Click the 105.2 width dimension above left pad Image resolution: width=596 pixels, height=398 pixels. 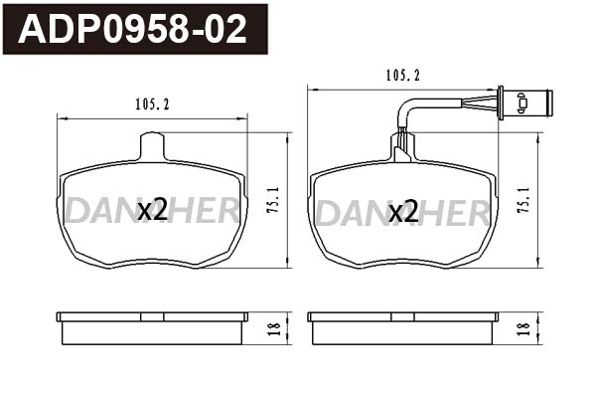point(151,101)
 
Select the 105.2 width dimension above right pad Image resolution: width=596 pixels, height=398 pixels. point(402,75)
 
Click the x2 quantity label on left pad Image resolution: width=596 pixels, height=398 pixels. point(152,210)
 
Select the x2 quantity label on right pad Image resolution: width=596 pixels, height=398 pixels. point(403,211)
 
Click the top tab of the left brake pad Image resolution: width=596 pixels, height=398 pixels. point(152,147)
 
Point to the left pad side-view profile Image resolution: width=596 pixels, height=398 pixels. point(152,327)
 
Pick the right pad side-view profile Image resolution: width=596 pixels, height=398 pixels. point(403,327)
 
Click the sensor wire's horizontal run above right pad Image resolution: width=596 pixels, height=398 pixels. point(447,100)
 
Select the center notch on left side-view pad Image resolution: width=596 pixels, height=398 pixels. point(152,316)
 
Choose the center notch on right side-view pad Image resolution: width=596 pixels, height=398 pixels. point(403,316)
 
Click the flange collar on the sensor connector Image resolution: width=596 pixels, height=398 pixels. point(501,100)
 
